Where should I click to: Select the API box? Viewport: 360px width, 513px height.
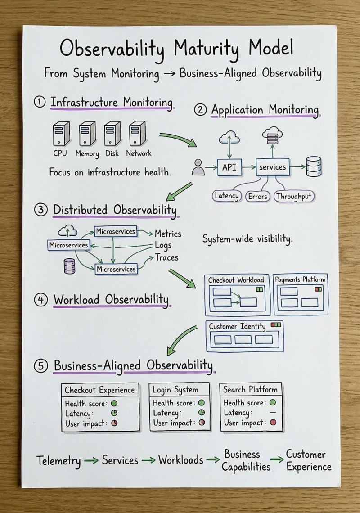click(x=229, y=167)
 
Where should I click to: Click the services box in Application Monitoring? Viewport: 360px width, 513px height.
click(x=272, y=167)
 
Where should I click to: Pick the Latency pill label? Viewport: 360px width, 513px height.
click(x=226, y=196)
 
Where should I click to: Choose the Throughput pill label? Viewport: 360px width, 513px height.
click(x=294, y=196)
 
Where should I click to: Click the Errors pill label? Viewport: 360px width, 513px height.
click(x=258, y=196)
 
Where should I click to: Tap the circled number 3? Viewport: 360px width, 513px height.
click(x=40, y=210)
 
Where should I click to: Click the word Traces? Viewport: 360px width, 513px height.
click(x=166, y=257)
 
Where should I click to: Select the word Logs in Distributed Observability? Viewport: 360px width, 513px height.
click(x=163, y=246)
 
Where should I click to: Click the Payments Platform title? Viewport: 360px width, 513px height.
click(x=300, y=279)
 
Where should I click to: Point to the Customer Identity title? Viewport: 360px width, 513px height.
click(x=237, y=326)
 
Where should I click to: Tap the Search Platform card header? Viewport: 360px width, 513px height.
click(x=250, y=389)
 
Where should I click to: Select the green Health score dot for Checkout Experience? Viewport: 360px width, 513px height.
click(x=114, y=403)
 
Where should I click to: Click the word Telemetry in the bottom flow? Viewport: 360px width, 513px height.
click(x=59, y=460)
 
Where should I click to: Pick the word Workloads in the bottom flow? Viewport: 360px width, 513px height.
click(x=180, y=460)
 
